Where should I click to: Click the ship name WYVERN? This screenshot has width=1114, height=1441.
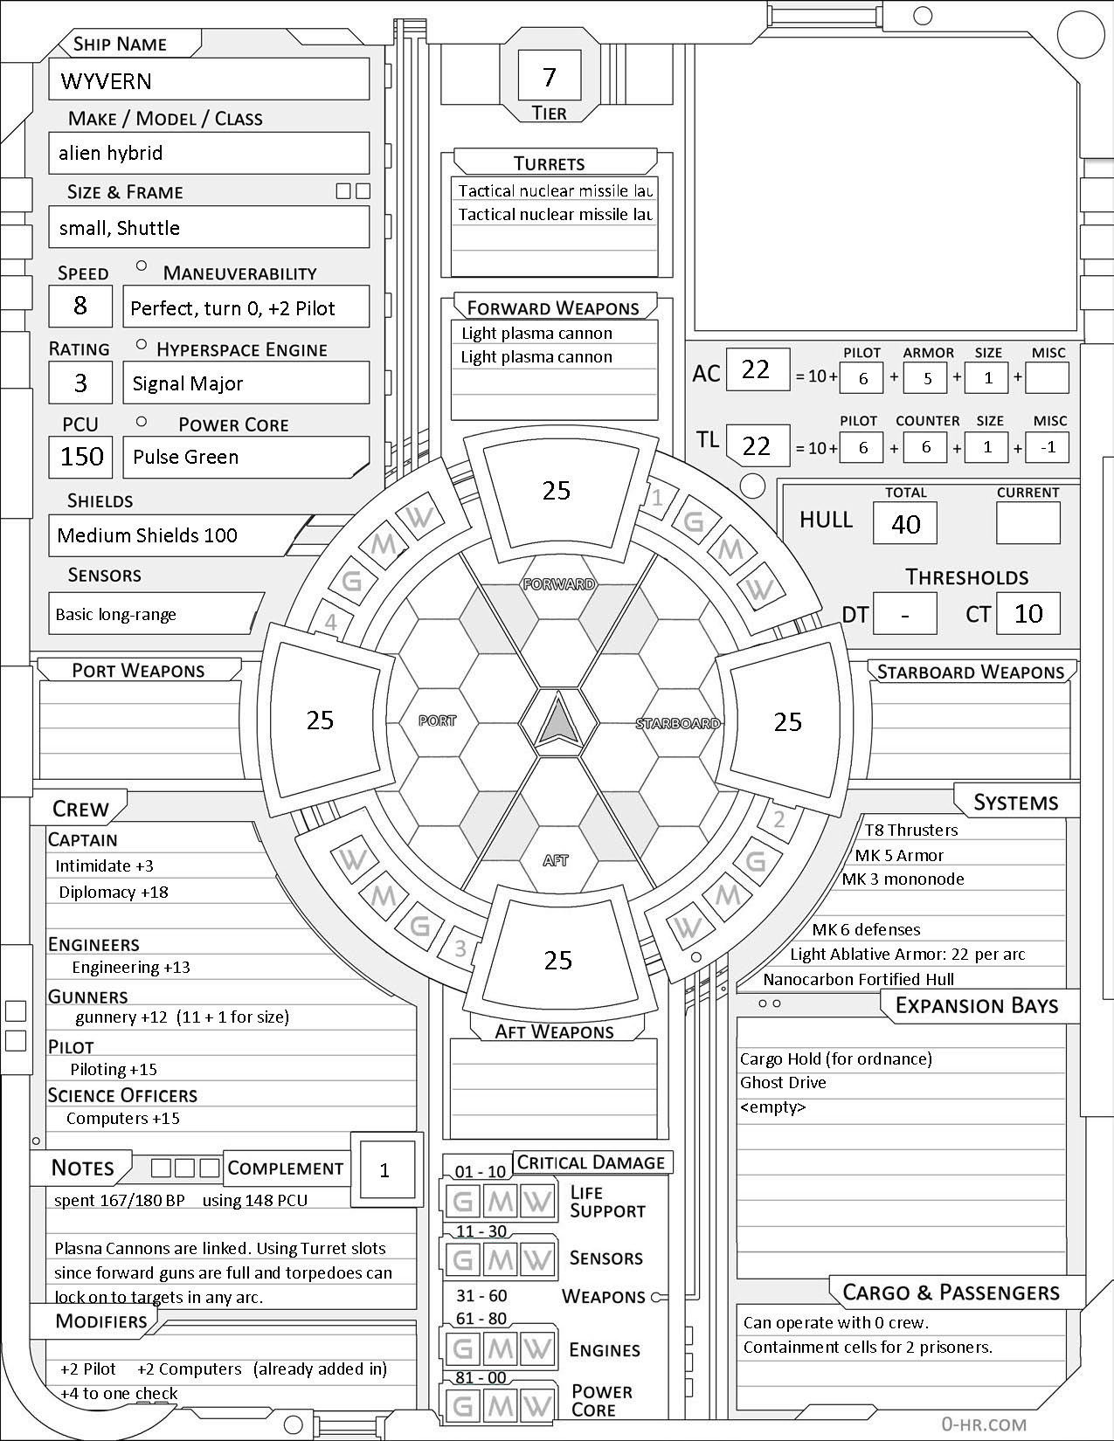click(107, 81)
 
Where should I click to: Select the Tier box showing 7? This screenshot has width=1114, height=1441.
click(549, 77)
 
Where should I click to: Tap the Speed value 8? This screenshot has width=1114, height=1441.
click(80, 306)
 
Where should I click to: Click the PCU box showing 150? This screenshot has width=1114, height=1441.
click(81, 457)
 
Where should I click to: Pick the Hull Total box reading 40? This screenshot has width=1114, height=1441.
click(905, 524)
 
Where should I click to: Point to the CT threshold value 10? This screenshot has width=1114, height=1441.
click(1028, 614)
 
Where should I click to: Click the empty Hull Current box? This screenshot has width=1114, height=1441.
click(1028, 524)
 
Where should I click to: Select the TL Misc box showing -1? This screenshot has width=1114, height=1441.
click(1048, 448)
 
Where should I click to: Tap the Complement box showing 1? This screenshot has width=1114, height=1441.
click(384, 1170)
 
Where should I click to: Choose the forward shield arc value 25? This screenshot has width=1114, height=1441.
click(557, 491)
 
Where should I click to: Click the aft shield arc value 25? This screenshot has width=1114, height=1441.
click(557, 961)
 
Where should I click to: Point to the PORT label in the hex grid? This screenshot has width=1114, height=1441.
click(437, 720)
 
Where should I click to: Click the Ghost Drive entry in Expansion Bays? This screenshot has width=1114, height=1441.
click(783, 1083)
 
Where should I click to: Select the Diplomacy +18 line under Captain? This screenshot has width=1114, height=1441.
click(114, 893)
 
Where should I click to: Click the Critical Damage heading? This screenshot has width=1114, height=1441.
click(592, 1162)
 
